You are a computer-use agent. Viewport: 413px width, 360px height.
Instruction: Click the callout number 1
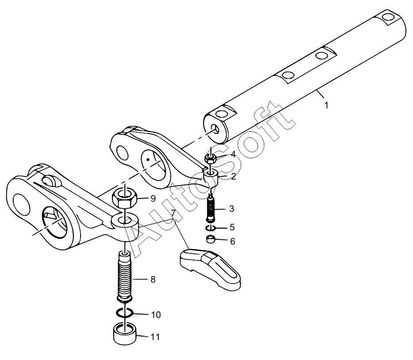point(326,106)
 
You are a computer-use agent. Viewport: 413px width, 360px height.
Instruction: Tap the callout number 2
point(233,176)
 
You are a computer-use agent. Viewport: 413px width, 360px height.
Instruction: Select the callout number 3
point(232,209)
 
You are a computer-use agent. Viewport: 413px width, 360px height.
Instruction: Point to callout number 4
point(233,154)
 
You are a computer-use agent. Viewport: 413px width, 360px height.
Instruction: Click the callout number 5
point(232,227)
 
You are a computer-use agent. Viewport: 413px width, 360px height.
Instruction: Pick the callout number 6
point(232,241)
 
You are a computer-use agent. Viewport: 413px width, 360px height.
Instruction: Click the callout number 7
point(173,213)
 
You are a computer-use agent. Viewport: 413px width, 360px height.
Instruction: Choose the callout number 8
point(153,280)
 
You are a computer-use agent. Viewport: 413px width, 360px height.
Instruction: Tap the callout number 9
point(153,199)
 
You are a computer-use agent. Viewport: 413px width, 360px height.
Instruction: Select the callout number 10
point(156,315)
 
